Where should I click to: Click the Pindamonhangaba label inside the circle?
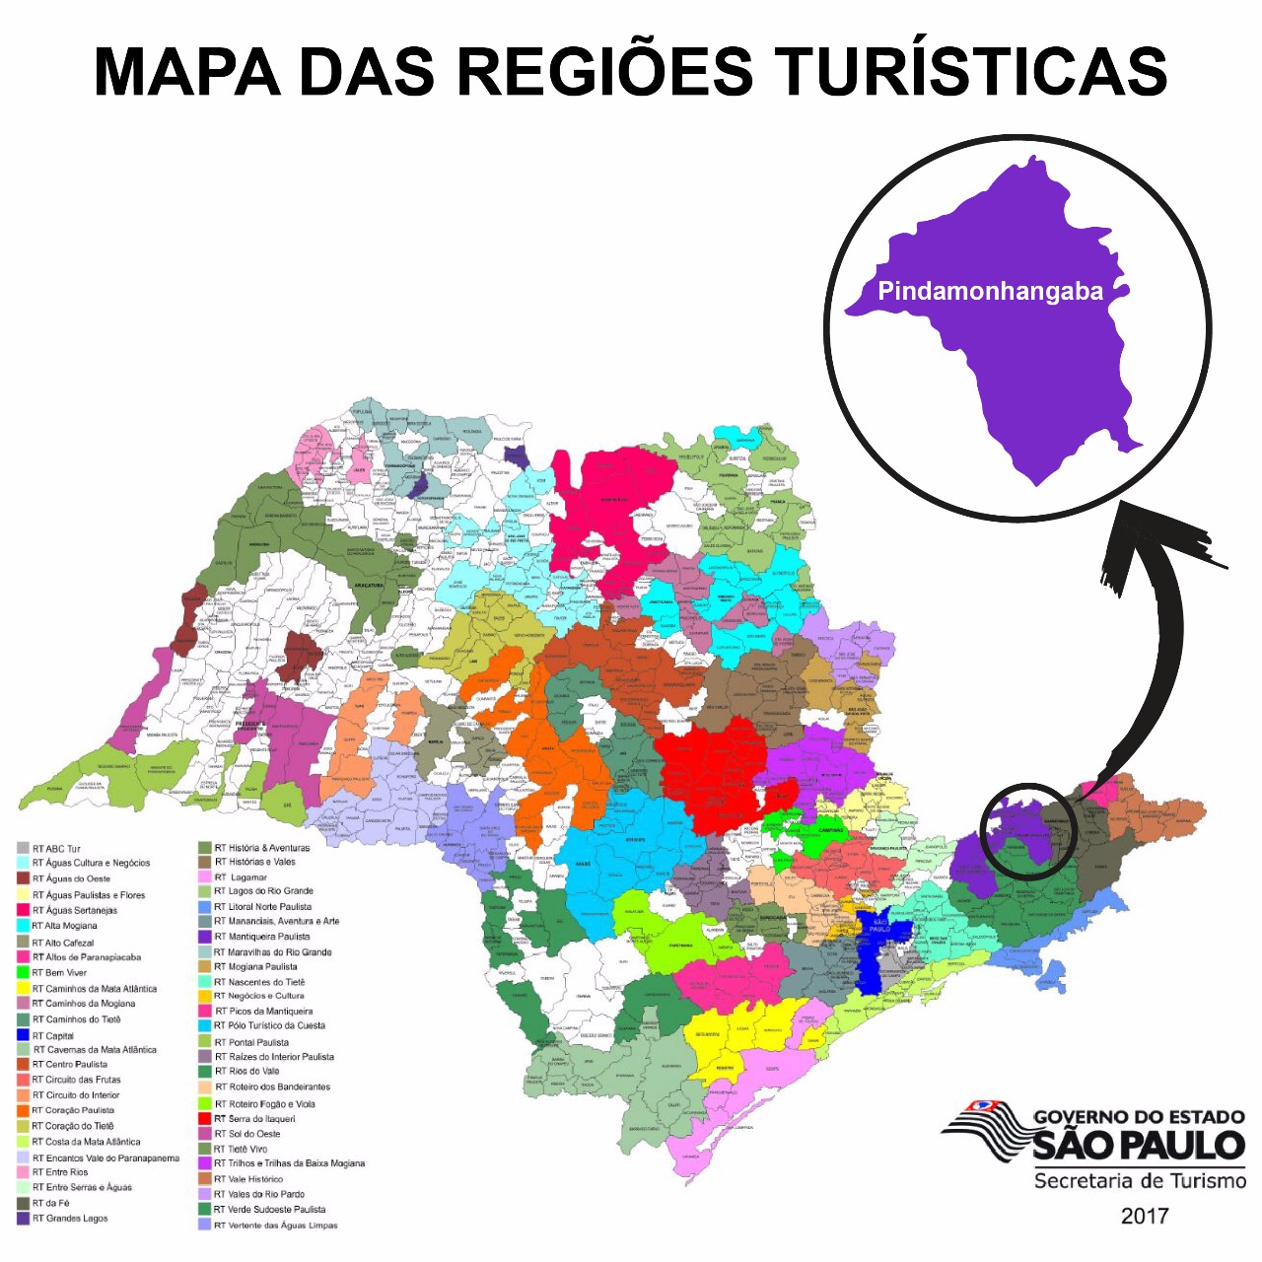coord(990,292)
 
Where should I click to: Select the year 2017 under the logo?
coord(1144,1216)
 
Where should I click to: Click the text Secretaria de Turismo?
coord(1140,1181)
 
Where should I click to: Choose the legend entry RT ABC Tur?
coord(56,848)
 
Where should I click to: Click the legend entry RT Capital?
coord(53,1035)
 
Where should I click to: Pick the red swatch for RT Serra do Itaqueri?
coord(205,1119)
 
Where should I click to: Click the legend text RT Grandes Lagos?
coord(70,1219)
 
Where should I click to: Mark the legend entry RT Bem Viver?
coord(59,972)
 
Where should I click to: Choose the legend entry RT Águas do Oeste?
coord(71,878)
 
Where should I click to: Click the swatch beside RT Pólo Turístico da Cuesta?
coord(205,1026)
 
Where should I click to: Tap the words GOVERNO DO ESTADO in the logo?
coord(1139,1117)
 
